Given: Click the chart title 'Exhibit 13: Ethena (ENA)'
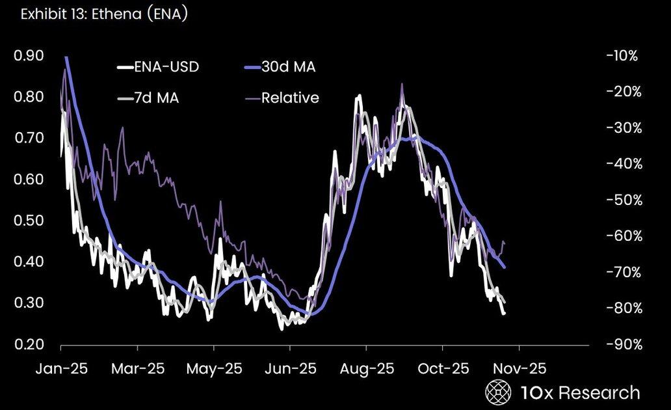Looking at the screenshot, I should point(104,15).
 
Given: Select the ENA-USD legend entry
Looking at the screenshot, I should point(160,66).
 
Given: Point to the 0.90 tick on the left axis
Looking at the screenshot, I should point(29,56).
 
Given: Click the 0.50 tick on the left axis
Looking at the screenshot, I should point(29,221).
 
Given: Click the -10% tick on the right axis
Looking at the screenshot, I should point(622,56).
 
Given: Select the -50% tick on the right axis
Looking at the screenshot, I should point(622,200).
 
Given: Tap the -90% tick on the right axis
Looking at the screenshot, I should point(622,344).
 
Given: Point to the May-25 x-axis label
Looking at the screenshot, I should point(214,368).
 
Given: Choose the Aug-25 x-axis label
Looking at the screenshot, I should point(366,368).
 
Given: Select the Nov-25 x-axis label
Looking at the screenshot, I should point(518,368).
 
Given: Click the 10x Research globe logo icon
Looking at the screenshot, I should point(498,393).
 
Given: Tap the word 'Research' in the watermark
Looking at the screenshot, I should point(599,393).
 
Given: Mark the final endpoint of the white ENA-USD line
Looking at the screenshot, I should point(503,314).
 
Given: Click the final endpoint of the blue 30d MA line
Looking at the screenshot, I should point(505,267).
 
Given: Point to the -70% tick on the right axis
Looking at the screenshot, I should point(622,272).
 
